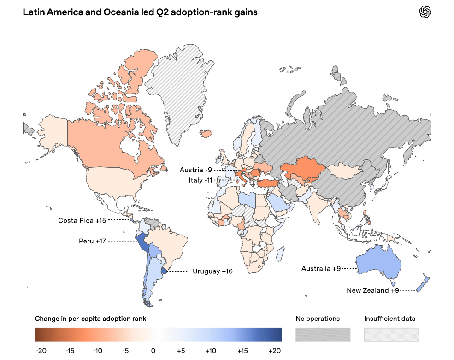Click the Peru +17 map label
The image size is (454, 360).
tap(92, 241)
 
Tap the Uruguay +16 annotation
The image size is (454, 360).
tap(212, 271)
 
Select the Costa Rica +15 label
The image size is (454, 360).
tap(82, 221)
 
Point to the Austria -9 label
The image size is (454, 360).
tap(196, 170)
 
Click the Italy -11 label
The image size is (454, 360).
tap(200, 180)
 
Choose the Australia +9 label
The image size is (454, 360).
tap(321, 269)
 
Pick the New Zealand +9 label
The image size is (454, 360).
tap(373, 290)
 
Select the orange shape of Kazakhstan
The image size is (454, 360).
tap(302, 170)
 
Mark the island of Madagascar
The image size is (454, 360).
tap(280, 253)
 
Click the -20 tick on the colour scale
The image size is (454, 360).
tap(41, 351)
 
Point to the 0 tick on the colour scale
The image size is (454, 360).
tap(153, 351)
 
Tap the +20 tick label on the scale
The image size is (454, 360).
tap(275, 351)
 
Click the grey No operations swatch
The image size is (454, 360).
tap(323, 335)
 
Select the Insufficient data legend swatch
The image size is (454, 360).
tap(391, 335)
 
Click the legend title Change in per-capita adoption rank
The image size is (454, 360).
tap(90, 319)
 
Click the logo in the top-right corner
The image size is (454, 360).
tap(425, 12)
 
